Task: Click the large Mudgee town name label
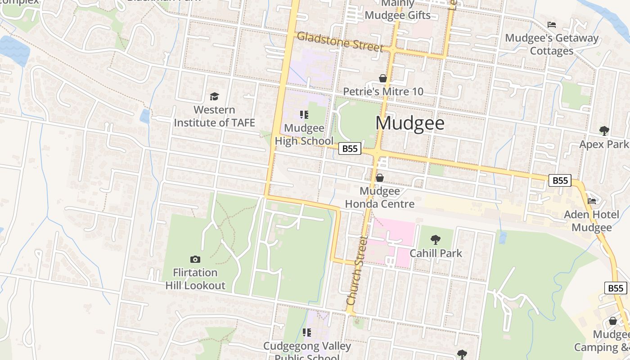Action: (x=410, y=123)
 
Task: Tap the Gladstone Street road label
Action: (x=340, y=42)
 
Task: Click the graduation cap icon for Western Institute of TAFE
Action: (x=214, y=96)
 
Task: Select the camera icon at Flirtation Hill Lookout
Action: (x=195, y=259)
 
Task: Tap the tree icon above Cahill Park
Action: (x=435, y=240)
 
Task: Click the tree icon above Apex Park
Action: (x=604, y=131)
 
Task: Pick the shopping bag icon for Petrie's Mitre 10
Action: (x=383, y=79)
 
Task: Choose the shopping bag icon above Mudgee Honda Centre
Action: (x=380, y=178)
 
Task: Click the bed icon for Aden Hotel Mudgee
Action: (x=592, y=201)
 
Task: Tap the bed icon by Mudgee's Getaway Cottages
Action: (x=552, y=24)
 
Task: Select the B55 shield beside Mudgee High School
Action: (x=350, y=148)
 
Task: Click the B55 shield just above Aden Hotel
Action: (x=560, y=180)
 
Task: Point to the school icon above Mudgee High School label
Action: (x=304, y=115)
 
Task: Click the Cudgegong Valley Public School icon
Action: (x=307, y=333)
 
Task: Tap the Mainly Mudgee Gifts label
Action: (x=397, y=9)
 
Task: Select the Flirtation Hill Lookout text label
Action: (x=195, y=279)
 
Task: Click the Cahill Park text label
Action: (x=436, y=253)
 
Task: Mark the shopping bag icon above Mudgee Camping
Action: (x=612, y=321)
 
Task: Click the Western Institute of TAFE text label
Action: (x=214, y=116)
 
